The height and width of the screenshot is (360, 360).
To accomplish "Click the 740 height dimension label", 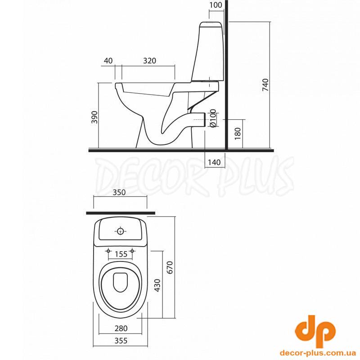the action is tap(265, 85).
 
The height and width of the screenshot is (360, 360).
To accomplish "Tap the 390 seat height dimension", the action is tap(94, 117).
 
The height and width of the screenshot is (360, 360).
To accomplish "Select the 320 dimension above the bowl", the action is tap(150, 61).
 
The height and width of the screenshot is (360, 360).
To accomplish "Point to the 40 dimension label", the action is tap(108, 61).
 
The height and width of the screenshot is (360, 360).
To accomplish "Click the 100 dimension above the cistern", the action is tap(216, 5).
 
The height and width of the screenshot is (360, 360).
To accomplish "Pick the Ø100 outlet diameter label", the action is tap(213, 118).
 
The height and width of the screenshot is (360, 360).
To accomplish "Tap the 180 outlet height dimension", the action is tap(238, 134).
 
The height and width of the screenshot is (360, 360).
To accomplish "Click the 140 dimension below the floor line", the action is tap(214, 162).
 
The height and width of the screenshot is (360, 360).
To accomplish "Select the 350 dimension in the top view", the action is tap(119, 192).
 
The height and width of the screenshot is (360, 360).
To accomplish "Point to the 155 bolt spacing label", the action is tap(121, 254).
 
